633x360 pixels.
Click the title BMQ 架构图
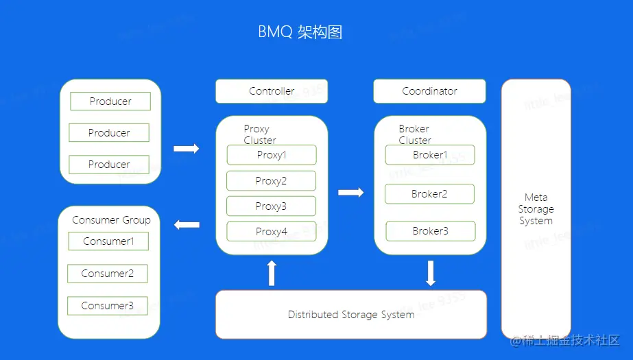click(300, 32)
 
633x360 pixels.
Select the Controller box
click(272, 91)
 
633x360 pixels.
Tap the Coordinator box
click(429, 91)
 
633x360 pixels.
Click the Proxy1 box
click(272, 155)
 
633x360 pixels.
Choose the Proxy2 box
click(272, 181)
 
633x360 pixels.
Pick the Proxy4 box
click(272, 232)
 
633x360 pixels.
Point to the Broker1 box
click(430, 155)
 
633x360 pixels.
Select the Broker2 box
click(429, 194)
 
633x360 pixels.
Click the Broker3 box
click(430, 231)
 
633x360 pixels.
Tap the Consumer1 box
click(108, 241)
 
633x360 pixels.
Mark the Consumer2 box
click(108, 274)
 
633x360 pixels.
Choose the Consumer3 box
click(108, 306)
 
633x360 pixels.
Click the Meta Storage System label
click(536, 209)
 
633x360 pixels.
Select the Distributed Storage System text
click(351, 315)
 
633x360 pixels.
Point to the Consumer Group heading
click(111, 220)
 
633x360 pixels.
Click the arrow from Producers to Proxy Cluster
click(186, 149)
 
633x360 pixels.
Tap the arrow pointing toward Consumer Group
click(187, 224)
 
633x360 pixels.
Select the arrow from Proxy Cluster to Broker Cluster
click(350, 193)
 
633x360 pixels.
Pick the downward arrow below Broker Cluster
click(431, 273)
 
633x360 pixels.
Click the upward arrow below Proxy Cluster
click(272, 273)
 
